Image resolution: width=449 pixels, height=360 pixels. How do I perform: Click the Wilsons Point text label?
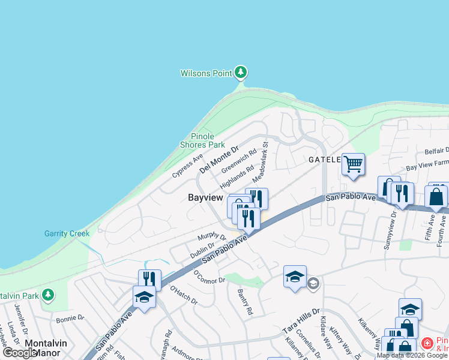click(x=206, y=73)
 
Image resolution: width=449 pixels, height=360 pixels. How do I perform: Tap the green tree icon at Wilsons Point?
click(x=241, y=73)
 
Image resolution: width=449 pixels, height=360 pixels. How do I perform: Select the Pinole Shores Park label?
click(x=202, y=140)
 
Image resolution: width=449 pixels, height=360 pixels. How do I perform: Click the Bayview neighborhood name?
click(x=205, y=197)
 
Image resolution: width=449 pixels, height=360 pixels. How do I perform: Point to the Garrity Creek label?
click(x=67, y=233)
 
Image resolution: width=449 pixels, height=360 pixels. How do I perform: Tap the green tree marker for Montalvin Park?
click(x=48, y=295)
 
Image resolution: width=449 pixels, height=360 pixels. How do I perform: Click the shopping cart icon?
click(x=353, y=163)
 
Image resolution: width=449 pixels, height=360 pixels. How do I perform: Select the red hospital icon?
click(x=427, y=344)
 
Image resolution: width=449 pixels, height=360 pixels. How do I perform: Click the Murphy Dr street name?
click(x=212, y=238)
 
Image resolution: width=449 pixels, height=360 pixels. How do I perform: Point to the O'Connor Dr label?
click(x=208, y=277)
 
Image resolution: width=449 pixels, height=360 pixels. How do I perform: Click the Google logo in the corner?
click(x=20, y=353)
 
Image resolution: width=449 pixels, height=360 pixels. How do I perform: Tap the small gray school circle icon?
click(x=313, y=283)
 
